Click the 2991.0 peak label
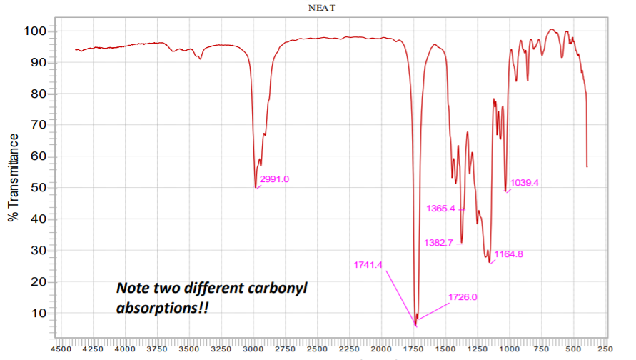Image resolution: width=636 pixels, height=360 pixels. [274, 179]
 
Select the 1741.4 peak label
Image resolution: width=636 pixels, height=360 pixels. [368, 265]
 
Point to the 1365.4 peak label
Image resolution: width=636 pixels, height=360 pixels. [440, 209]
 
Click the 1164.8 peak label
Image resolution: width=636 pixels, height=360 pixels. [509, 254]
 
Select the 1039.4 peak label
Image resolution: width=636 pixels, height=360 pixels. [524, 183]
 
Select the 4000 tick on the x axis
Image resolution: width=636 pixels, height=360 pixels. [125, 349]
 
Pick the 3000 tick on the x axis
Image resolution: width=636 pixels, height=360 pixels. [253, 349]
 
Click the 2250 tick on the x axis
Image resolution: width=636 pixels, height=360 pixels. [349, 349]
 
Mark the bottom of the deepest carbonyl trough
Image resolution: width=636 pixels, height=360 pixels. [415, 326]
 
